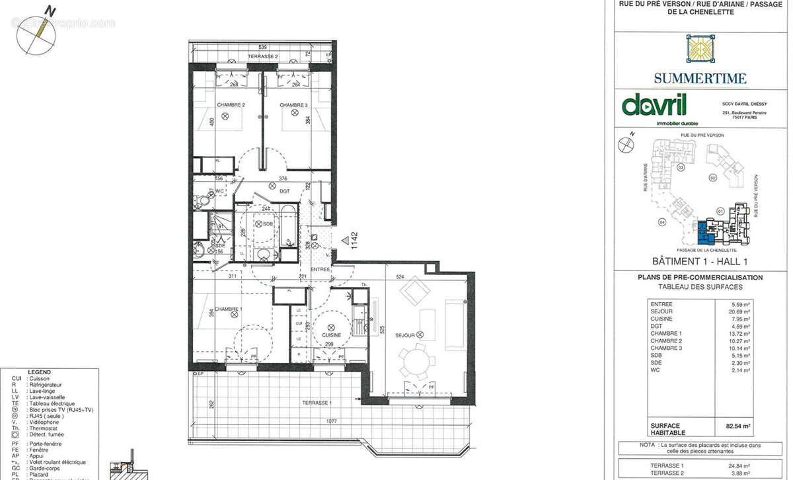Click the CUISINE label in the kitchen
[x=330, y=335]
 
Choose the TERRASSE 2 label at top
[x=262, y=58]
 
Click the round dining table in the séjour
[x=416, y=360]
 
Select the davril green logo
[x=654, y=106]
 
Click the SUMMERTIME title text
[x=700, y=79]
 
